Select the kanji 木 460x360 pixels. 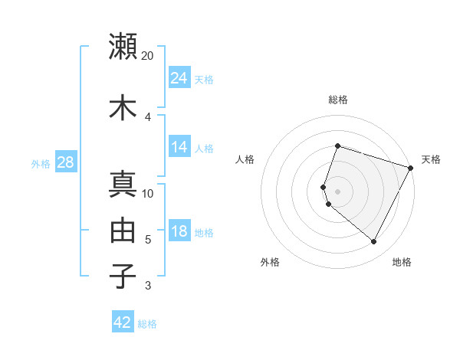pyautogui.click(x=123, y=107)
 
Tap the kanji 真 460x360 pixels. pyautogui.click(x=123, y=185)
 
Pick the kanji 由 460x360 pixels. pyautogui.click(x=123, y=230)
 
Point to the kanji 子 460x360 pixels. pyautogui.click(x=123, y=276)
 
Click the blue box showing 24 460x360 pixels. pyautogui.click(x=179, y=77)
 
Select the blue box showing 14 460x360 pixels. pyautogui.click(x=179, y=148)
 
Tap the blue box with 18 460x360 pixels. pyautogui.click(x=179, y=231)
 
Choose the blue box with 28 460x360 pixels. pyautogui.click(x=65, y=162)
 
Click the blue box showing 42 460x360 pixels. pyautogui.click(x=123, y=322)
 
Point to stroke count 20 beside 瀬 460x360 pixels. pyautogui.click(x=148, y=56)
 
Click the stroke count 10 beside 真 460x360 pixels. pyautogui.click(x=148, y=193)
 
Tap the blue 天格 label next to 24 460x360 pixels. pyautogui.click(x=204, y=79)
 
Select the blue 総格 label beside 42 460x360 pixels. pyautogui.click(x=147, y=324)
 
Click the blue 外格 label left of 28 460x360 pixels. pyautogui.click(x=41, y=163)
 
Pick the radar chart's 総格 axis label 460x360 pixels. pyautogui.click(x=337, y=100)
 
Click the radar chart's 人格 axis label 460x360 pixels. pyautogui.click(x=245, y=159)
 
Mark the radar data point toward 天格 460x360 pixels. pyautogui.click(x=411, y=168)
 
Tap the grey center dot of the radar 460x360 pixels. pyautogui.click(x=337, y=191)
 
